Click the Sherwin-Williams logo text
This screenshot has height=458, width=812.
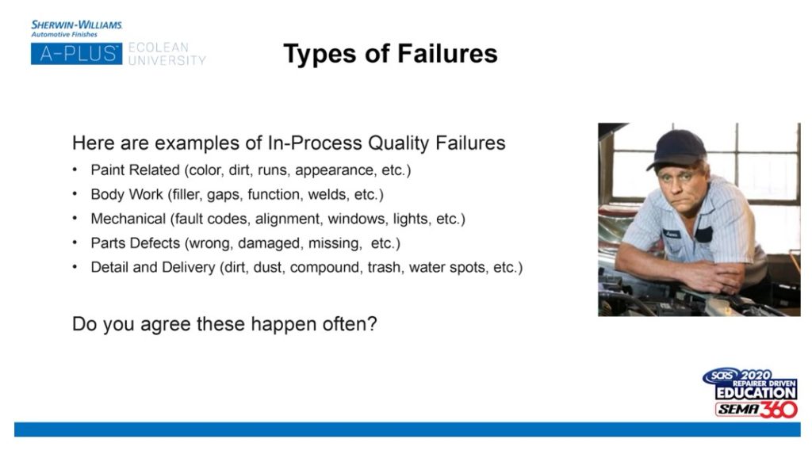77,25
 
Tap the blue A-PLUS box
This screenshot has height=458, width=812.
77,54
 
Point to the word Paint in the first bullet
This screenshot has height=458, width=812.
107,170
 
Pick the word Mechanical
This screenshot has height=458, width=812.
128,219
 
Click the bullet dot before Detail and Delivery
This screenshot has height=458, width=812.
75,266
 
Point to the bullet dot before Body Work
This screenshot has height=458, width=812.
75,193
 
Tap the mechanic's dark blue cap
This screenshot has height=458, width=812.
677,149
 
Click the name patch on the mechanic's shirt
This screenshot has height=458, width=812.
672,235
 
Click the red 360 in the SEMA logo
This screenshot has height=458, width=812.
779,410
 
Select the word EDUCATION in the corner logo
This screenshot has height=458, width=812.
756,393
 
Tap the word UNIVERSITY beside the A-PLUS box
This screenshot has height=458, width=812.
167,60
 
